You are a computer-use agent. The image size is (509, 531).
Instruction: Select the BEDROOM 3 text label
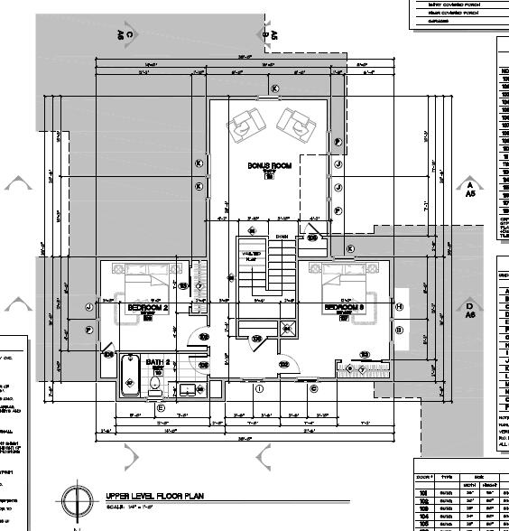(344, 308)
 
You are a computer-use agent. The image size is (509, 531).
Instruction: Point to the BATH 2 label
(158, 362)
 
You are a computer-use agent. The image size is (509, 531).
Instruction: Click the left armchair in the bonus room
(245, 126)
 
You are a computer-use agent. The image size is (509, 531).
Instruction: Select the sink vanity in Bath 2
(188, 389)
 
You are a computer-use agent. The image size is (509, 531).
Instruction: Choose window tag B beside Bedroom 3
(399, 331)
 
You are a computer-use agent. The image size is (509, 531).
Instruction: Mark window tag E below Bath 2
(161, 408)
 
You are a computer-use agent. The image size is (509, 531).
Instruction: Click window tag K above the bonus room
(275, 88)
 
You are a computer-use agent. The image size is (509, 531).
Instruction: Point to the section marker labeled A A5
(469, 188)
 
